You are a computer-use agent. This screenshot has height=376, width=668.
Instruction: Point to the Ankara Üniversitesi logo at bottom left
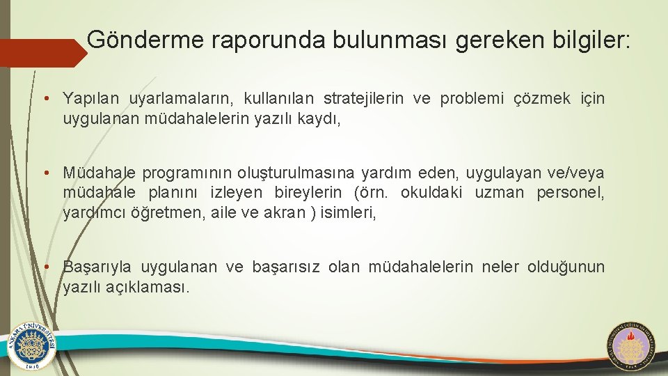pos(31,346)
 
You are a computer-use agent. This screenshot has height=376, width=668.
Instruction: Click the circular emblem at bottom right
pos(632,345)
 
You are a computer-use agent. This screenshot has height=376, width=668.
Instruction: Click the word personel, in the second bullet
pos(571,192)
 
